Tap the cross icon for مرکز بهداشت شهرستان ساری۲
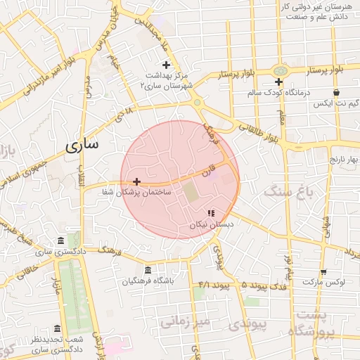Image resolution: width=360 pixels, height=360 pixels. (166, 65)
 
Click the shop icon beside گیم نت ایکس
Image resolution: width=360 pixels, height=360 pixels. (337, 92)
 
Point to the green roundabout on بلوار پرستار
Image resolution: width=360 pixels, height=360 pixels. (281, 71)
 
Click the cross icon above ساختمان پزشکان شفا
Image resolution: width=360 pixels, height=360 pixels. (136, 181)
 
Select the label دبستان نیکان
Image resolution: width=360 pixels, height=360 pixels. (211, 224)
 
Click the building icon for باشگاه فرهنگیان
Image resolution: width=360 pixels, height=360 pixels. (147, 270)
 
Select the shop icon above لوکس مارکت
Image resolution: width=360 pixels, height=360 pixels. (323, 272)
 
